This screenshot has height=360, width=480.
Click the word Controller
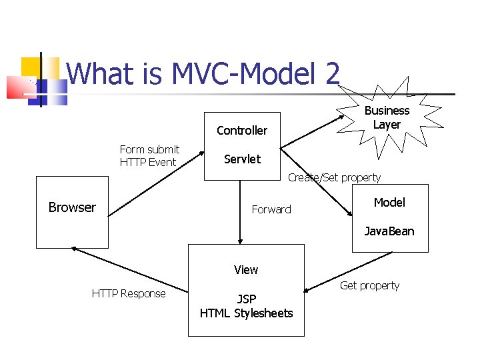coord(242,131)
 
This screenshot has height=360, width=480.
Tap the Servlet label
coord(242,159)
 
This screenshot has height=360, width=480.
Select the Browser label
coord(72,207)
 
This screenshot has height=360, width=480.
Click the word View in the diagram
coord(246,270)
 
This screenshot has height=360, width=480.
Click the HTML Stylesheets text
coord(246,313)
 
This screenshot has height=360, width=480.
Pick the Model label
coord(389,203)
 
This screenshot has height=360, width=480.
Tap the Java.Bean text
coord(389,231)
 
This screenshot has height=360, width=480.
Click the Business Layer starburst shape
coord(387,118)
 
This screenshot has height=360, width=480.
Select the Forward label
coord(271,209)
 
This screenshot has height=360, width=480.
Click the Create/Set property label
coord(334,177)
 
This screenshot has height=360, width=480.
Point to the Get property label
coord(369,285)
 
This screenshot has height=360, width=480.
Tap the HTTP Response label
coord(129,293)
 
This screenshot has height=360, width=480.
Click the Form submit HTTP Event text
coord(149,155)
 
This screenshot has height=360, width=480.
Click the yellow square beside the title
coord(31,67)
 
